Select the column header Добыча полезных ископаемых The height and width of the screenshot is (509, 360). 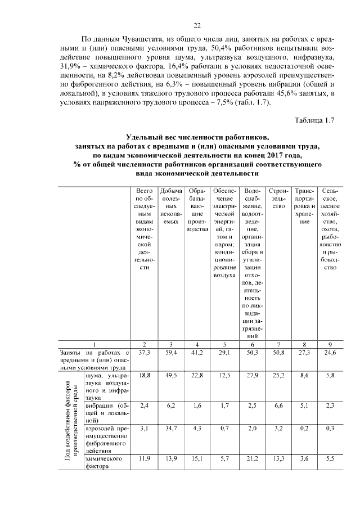pos(170,208)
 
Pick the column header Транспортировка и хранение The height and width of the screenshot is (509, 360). pos(304,208)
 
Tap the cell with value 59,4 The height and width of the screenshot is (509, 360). pos(170,353)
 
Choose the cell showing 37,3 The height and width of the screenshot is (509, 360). pos(144,353)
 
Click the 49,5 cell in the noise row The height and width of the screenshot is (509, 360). pos(170,375)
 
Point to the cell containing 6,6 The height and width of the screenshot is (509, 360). pos(278,405)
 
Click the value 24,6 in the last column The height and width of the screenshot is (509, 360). pos(330,353)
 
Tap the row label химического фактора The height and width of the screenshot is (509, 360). pos(104,462)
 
